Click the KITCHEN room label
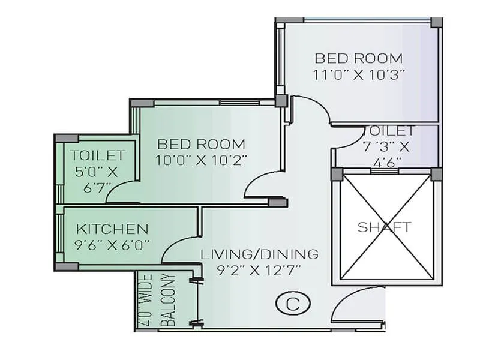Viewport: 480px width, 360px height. (x=112, y=229)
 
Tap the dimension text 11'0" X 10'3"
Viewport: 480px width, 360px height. (x=359, y=74)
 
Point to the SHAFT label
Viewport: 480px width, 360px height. (x=385, y=227)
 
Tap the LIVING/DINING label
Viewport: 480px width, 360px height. (x=259, y=254)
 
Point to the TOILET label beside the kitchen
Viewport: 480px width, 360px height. (x=97, y=155)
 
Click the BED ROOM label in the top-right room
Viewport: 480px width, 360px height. (x=359, y=58)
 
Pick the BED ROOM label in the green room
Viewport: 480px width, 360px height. (x=202, y=144)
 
